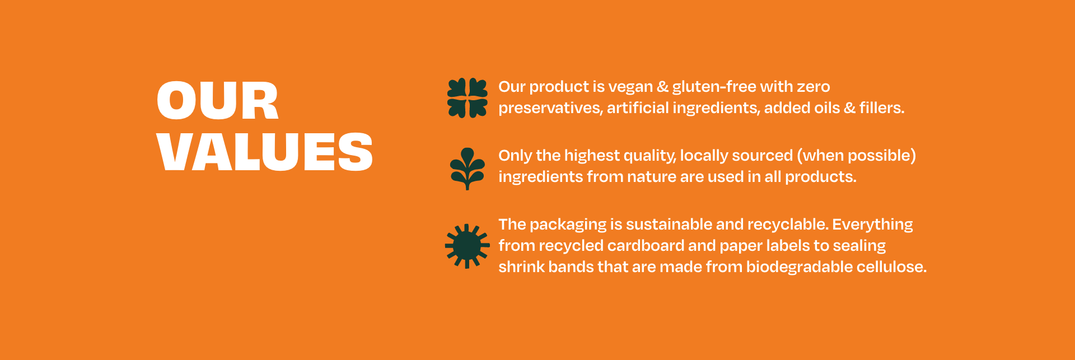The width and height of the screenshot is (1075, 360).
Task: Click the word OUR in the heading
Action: coord(217,101)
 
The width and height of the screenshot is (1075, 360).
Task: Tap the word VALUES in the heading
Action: coord(265,152)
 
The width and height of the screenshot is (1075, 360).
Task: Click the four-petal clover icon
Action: coord(468,98)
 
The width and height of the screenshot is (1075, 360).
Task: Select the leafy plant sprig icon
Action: coord(468,169)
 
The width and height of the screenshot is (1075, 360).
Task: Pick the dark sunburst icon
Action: coord(468,246)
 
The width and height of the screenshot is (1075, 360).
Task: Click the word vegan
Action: coord(630,87)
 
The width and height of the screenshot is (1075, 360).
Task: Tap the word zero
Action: coord(814,87)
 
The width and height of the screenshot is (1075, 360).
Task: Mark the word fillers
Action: coord(882,107)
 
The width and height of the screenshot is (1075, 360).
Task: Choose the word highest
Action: coord(592,156)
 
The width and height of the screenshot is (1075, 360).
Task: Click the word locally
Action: coord(704,156)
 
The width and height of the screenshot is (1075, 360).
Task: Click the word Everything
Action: coord(872,225)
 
